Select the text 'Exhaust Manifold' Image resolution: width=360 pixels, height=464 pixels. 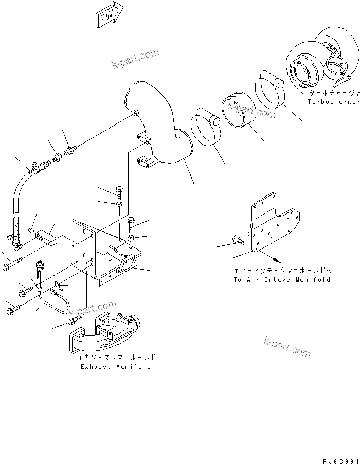pyautogui.click(x=116, y=367)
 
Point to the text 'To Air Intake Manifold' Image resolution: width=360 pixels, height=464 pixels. pyautogui.click(x=281, y=280)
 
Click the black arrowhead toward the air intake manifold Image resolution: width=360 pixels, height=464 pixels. pyautogui.click(x=277, y=259)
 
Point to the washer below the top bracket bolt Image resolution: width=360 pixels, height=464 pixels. pyautogui.click(x=119, y=205)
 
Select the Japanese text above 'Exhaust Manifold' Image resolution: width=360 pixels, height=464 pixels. pyautogui.click(x=116, y=358)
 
